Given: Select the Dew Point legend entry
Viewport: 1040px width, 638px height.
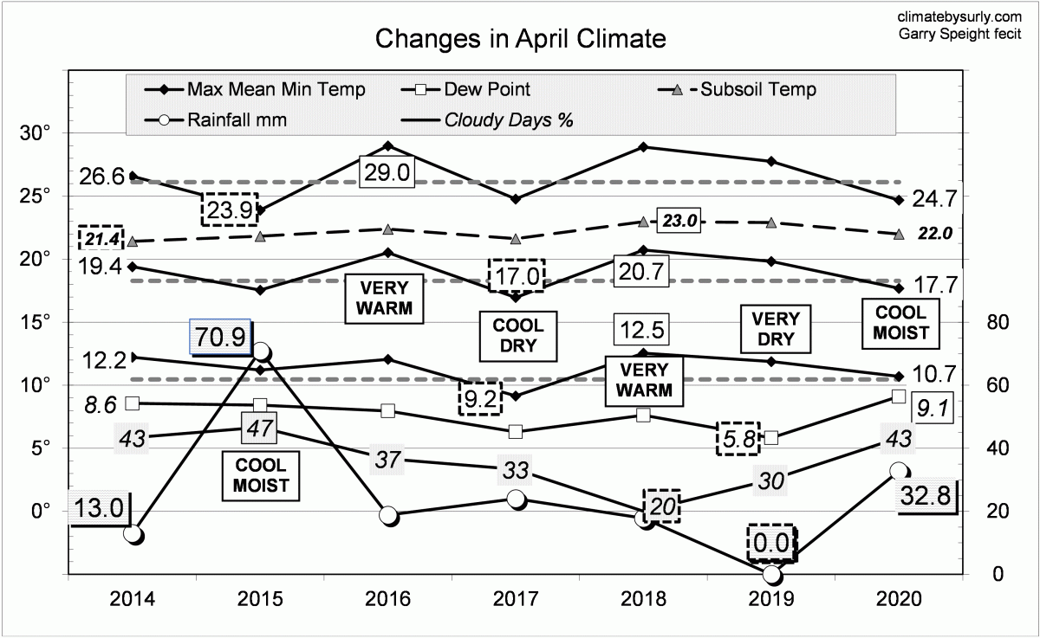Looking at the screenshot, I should point(486,88).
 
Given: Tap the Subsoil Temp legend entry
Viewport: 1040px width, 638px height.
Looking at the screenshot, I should point(757,88).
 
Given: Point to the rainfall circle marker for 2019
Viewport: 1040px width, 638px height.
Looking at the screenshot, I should point(773,575).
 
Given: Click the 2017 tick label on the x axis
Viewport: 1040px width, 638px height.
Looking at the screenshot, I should point(517,599).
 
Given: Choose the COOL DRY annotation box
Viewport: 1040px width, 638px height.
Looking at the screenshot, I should point(518,337).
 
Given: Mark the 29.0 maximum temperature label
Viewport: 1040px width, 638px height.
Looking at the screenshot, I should point(387,171).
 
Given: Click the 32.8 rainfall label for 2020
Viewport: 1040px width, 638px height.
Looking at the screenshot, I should point(927,498).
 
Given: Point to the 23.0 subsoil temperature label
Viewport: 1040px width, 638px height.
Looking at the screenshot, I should point(679,221).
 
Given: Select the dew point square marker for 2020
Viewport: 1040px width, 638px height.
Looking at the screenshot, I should point(899,396).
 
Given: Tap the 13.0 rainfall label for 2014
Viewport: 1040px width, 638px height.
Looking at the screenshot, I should point(98,506).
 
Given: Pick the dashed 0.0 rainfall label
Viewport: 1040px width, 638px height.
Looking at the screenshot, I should point(770,544).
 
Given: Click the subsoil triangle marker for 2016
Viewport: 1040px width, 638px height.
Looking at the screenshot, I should point(388,229).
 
